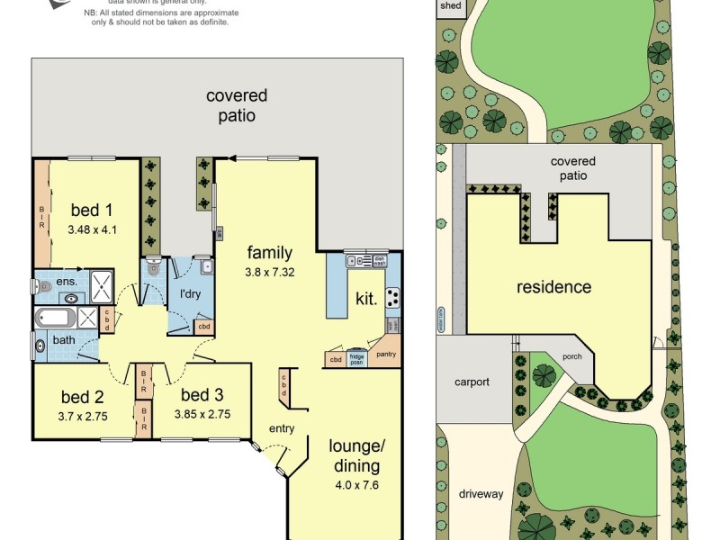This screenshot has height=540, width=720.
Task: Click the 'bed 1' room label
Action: pos(91,211)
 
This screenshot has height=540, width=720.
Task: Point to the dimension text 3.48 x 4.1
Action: pos(92,229)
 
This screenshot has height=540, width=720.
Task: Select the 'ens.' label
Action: pos(67,282)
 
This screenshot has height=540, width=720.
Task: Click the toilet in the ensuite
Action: pos(44,286)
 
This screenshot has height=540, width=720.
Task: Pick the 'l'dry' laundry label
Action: pos(190,294)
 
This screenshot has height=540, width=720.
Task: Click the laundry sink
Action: pos(206,266)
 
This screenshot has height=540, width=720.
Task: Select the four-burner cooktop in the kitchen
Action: pos(392,297)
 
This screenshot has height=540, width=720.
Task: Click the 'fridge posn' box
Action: pos(358,359)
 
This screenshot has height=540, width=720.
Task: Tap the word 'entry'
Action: pos(282,427)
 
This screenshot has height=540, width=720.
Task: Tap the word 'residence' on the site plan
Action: pos(553,287)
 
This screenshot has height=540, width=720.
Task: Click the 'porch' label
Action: pos(571,355)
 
